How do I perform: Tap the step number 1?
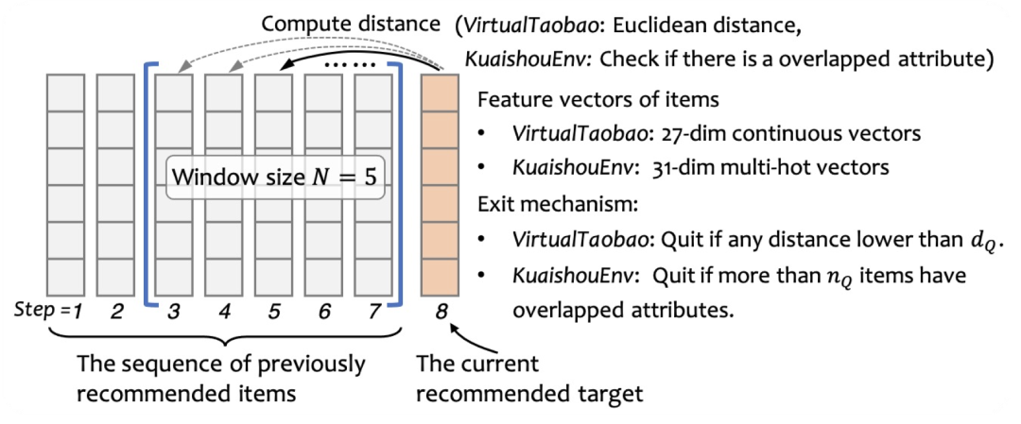[x=67, y=309]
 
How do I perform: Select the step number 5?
[x=274, y=309]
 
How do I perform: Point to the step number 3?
[x=174, y=309]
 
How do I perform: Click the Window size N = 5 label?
[x=276, y=177]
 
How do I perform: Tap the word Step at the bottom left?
[x=32, y=309]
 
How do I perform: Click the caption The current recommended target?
[x=530, y=378]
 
